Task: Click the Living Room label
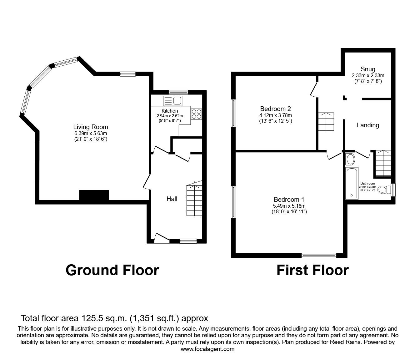(91, 127)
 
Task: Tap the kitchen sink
(173, 100)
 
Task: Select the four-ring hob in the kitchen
(196, 114)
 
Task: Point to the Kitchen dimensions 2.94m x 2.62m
(170, 116)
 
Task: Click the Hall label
(172, 199)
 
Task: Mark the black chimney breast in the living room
(94, 195)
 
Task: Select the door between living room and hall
(147, 182)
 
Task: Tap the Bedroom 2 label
(275, 109)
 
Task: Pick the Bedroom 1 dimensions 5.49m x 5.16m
(289, 206)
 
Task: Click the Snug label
(368, 69)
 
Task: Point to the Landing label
(368, 125)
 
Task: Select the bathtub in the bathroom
(352, 183)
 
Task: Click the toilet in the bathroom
(384, 190)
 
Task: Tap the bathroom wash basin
(350, 160)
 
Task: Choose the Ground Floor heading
(112, 270)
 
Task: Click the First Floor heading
(312, 270)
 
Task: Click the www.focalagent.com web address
(207, 349)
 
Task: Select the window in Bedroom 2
(233, 113)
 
